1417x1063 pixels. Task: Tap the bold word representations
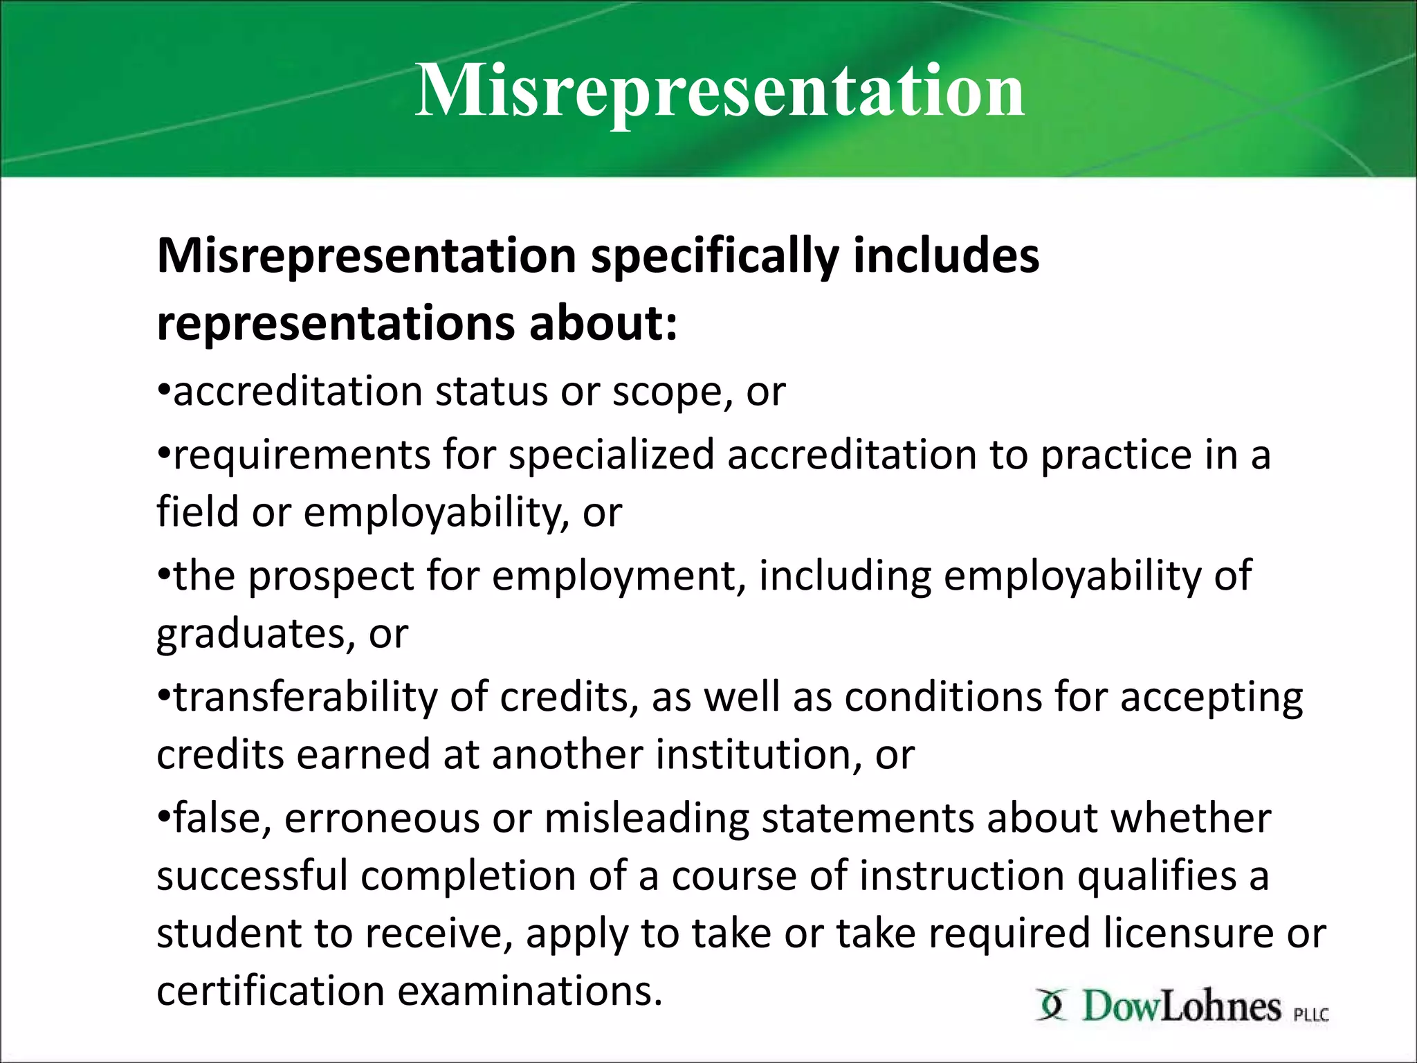[x=336, y=324]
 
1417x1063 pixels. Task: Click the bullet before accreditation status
[x=163, y=392]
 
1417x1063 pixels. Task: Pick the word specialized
[x=611, y=455]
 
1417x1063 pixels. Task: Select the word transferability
[x=305, y=698]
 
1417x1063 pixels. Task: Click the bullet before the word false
[x=163, y=818]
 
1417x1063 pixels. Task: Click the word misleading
[x=647, y=819]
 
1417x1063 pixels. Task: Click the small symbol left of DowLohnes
[x=1052, y=1006]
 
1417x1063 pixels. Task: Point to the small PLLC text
[x=1311, y=1015]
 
